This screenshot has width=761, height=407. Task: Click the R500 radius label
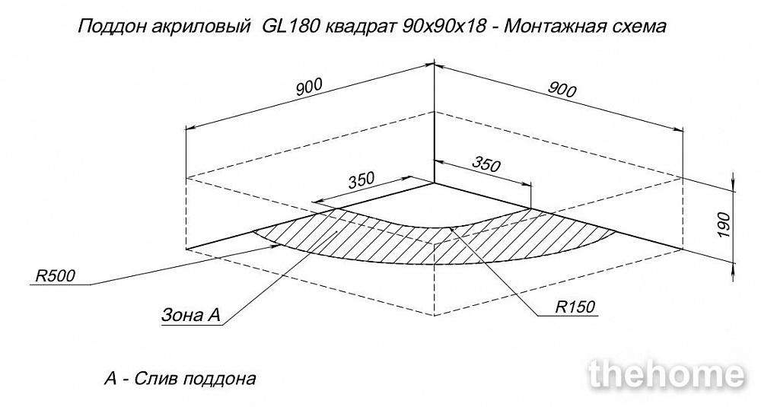[56, 276]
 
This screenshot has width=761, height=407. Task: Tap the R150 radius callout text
[575, 307]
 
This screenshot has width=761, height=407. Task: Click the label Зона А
[191, 315]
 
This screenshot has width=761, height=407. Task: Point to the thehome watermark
[667, 374]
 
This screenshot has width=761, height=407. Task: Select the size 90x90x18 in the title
[444, 26]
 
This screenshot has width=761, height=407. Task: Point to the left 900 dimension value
[309, 87]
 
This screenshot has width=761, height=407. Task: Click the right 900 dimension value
[562, 90]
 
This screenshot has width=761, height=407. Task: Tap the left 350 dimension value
[361, 180]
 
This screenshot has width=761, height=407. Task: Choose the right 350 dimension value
[486, 165]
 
